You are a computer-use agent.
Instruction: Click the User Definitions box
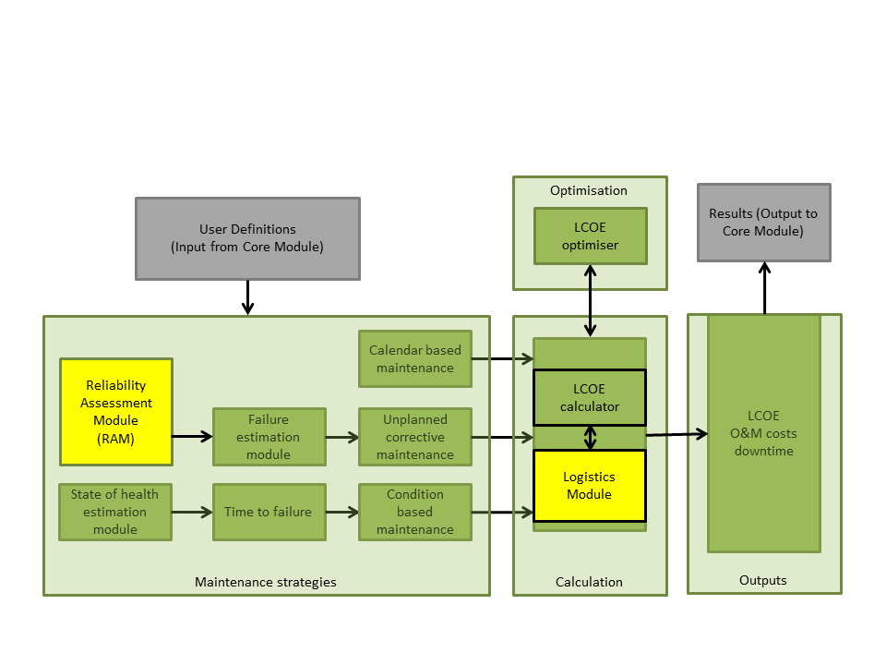click(x=247, y=238)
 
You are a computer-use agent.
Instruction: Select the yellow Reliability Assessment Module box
click(x=116, y=412)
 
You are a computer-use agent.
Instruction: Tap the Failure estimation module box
click(x=269, y=437)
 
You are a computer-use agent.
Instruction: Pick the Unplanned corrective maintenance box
click(x=414, y=437)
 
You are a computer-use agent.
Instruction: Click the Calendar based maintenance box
click(x=414, y=359)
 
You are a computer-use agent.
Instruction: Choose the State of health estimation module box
click(x=114, y=512)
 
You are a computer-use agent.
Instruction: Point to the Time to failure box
click(x=269, y=512)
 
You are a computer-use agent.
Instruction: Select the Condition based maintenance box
click(x=414, y=512)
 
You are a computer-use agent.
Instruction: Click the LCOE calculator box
click(x=590, y=397)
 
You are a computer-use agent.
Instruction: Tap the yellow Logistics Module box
click(x=590, y=486)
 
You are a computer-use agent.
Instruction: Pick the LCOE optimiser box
click(x=590, y=236)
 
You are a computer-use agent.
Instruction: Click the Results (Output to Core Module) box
click(x=763, y=223)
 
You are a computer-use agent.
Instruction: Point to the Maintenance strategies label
click(x=266, y=582)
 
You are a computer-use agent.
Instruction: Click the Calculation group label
click(x=589, y=582)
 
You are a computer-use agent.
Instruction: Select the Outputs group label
click(x=763, y=580)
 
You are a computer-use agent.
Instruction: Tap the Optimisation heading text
click(x=589, y=190)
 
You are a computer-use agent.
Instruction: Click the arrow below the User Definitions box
click(x=247, y=297)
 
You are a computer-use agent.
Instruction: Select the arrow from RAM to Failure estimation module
click(x=192, y=437)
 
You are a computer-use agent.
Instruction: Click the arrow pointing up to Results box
click(x=764, y=287)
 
